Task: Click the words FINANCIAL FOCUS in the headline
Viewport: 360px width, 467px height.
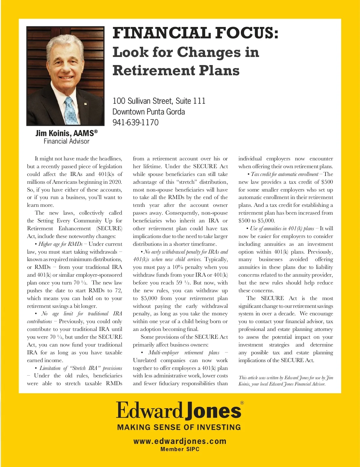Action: pyautogui.click(x=195, y=33)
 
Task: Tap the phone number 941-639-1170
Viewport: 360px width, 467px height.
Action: pyautogui.click(x=135, y=122)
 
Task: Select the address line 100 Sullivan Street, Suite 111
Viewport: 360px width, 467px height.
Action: pyautogui.click(x=159, y=101)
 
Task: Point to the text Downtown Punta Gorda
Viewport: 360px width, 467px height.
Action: pyautogui.click(x=148, y=112)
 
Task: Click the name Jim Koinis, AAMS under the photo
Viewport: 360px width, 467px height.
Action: pyautogui.click(x=66, y=133)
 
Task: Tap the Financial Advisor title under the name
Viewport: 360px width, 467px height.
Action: pyautogui.click(x=66, y=141)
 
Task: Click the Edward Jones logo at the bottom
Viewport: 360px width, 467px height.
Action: pyautogui.click(x=178, y=410)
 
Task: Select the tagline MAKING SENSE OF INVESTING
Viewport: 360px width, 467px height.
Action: pyautogui.click(x=179, y=427)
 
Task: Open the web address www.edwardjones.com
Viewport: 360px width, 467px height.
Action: pyautogui.click(x=180, y=441)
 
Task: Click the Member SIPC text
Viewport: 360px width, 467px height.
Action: pyautogui.click(x=180, y=449)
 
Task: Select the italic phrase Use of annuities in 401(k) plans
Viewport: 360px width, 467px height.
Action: pyautogui.click(x=282, y=228)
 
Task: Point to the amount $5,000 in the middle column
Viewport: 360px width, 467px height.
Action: pyautogui.click(x=149, y=298)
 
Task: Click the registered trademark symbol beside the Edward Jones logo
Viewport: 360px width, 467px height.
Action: pyautogui.click(x=242, y=403)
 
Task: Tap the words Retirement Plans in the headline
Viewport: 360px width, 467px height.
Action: pyautogui.click(x=176, y=70)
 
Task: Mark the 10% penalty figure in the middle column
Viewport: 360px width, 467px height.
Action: pyautogui.click(x=177, y=267)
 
